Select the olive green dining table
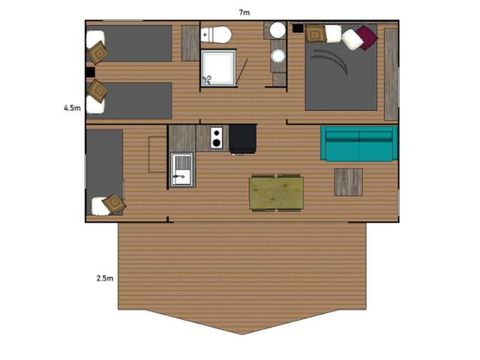tap(276, 192)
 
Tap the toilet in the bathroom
tap(216, 36)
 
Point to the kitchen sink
tap(181, 168)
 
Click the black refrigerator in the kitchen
tap(243, 139)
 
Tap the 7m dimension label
tap(243, 11)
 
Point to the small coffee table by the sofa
tap(348, 181)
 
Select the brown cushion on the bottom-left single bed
tap(113, 203)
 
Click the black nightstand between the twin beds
tap(90, 72)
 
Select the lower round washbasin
tap(278, 55)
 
